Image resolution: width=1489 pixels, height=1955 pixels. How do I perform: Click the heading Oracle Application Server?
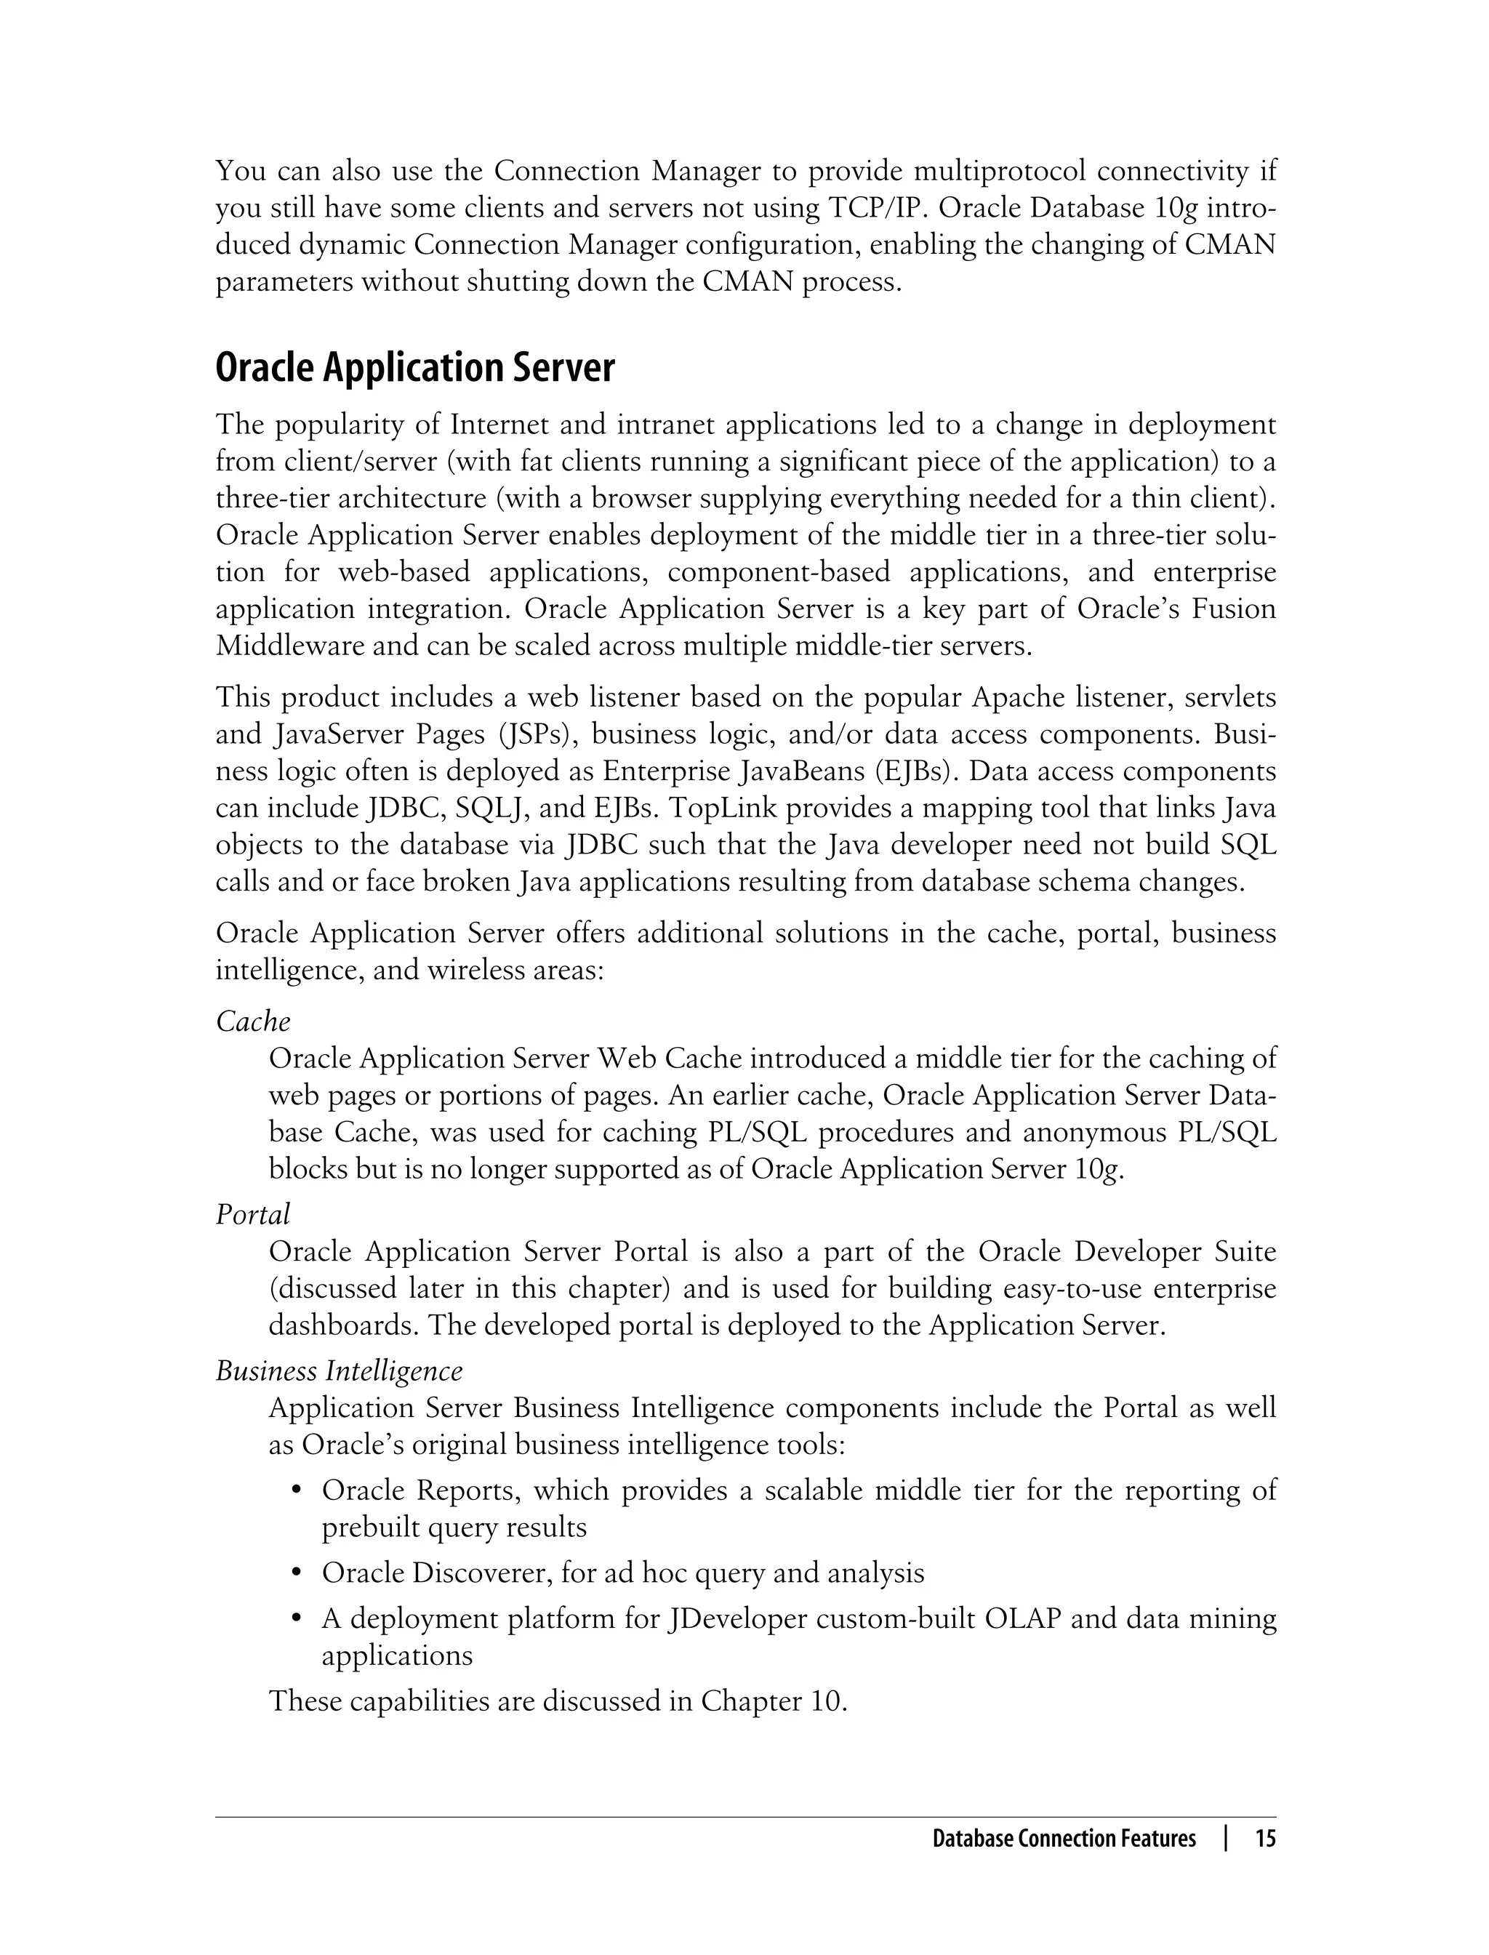click(415, 368)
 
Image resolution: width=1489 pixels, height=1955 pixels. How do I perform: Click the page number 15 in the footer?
click(1265, 1839)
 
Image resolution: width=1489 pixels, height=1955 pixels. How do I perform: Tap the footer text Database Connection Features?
click(1064, 1839)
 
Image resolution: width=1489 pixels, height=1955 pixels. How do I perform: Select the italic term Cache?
click(252, 1021)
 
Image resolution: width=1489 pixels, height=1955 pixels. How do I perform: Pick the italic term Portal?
click(252, 1214)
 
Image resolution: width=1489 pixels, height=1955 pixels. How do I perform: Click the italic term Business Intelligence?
click(339, 1371)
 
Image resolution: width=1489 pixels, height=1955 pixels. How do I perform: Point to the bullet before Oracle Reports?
click(298, 1490)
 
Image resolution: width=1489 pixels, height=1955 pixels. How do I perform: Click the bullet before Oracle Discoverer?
click(298, 1574)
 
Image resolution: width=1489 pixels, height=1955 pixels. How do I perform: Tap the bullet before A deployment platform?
click(298, 1619)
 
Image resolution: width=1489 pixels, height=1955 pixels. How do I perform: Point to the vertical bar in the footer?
click(1226, 1839)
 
